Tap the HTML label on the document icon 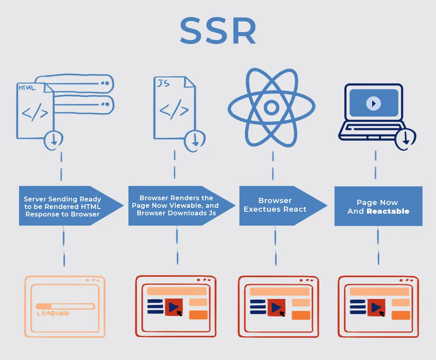click(27, 88)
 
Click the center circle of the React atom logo click(272, 107)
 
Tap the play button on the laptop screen click(373, 103)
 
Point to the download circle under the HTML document click(54, 140)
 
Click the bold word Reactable click(388, 211)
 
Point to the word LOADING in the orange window click(53, 314)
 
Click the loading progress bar click(65, 306)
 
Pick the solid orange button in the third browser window click(301, 315)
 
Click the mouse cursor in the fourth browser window click(382, 314)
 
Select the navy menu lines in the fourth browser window click(358, 307)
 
